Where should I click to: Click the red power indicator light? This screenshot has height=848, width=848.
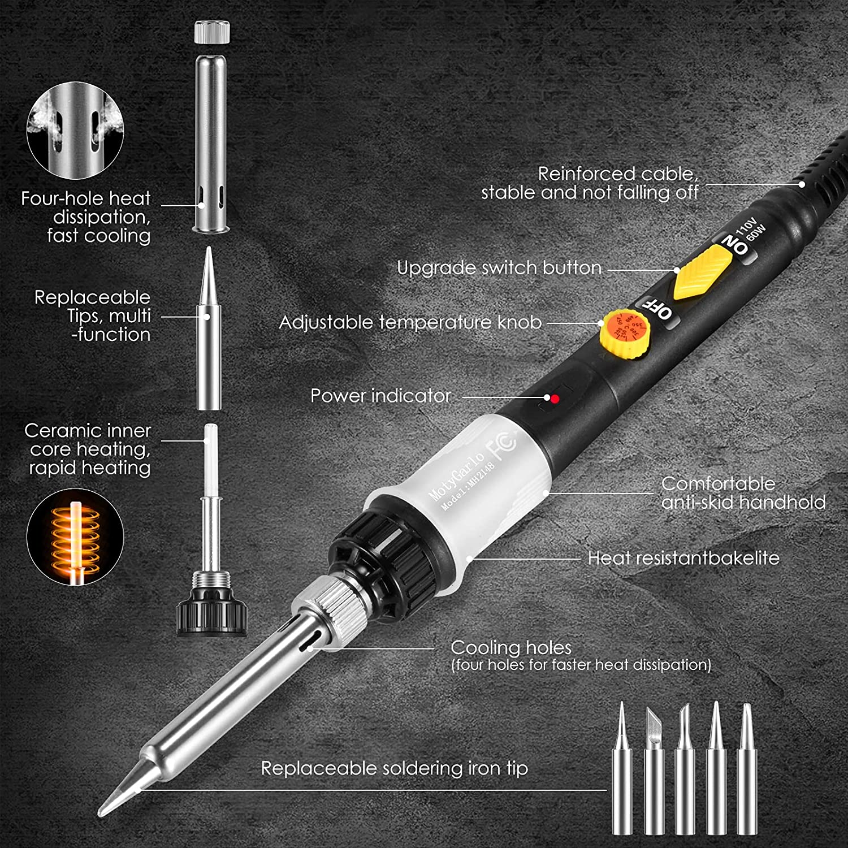point(555,399)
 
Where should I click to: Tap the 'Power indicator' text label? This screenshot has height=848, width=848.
point(380,396)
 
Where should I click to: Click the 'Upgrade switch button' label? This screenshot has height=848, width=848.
point(499,268)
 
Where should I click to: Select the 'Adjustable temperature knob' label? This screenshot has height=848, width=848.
point(410,322)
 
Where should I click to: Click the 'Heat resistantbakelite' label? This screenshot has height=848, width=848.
point(683,558)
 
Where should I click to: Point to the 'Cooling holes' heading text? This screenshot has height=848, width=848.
point(510,647)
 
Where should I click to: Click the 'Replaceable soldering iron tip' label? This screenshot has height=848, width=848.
point(394,768)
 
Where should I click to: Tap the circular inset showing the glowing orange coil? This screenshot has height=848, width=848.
point(75,537)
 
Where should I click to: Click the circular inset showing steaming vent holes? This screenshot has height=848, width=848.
point(75,130)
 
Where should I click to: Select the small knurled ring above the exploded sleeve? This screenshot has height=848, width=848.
point(213,32)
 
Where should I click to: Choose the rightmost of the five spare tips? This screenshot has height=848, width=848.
point(747,775)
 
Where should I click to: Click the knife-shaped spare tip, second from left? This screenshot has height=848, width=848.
point(654,775)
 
